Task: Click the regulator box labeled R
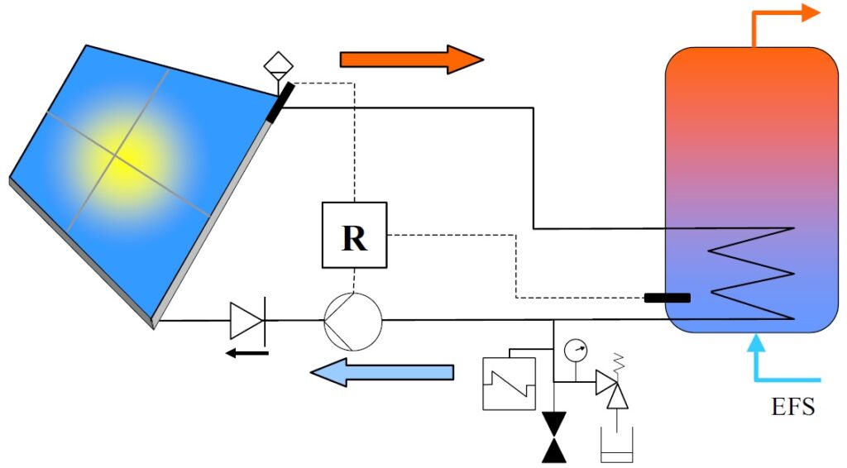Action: point(354,236)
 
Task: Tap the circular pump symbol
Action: point(352,320)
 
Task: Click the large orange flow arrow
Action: point(410,59)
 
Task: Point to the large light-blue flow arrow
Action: point(382,372)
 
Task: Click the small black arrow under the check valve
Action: point(249,354)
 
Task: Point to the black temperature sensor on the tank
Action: point(668,297)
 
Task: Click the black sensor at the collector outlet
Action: point(279,102)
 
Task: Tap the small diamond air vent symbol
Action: point(279,63)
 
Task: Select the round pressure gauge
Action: point(575,350)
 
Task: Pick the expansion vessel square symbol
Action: point(510,382)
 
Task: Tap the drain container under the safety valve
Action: point(615,447)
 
